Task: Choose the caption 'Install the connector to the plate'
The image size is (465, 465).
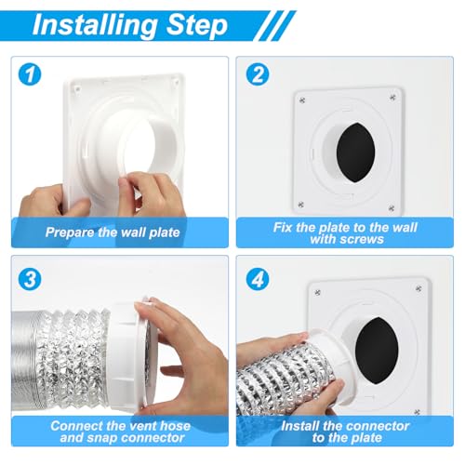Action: [344, 432]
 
